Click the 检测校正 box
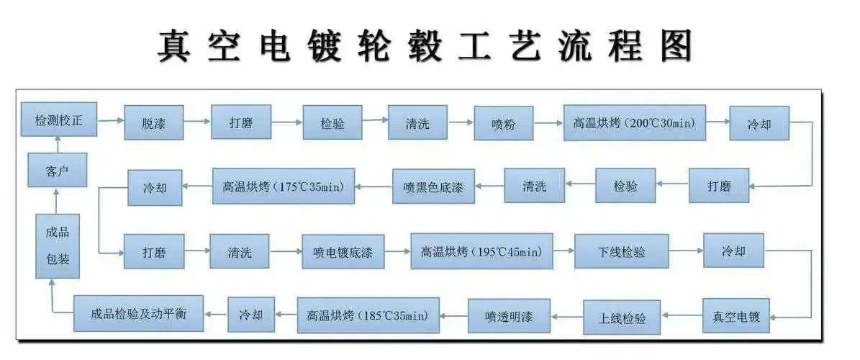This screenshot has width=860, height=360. tap(59, 119)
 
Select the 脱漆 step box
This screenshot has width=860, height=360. tap(154, 122)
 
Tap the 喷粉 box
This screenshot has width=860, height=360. tap(504, 123)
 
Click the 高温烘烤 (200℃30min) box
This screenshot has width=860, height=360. tap(635, 122)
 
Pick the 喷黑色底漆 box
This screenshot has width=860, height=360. tap(434, 186)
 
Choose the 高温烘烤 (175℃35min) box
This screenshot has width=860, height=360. tap(284, 186)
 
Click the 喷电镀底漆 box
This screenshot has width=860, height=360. tap(343, 252)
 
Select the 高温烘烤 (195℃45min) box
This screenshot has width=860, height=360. tap(482, 251)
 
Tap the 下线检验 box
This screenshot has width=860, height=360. tap(621, 251)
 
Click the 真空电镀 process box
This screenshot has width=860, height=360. tap(736, 315)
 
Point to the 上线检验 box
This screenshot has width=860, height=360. tap(622, 318)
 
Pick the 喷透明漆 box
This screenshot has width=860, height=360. tap(509, 315)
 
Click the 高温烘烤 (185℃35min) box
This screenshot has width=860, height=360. tap(368, 315)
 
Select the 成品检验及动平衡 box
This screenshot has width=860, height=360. tap(139, 313)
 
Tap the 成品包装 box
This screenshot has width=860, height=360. tap(58, 246)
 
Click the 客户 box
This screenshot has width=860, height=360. tap(58, 170)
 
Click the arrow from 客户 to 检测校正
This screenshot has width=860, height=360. tap(58, 145)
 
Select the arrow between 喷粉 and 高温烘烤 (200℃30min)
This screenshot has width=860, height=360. tap(548, 123)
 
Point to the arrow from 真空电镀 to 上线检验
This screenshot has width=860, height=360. tap(682, 316)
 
